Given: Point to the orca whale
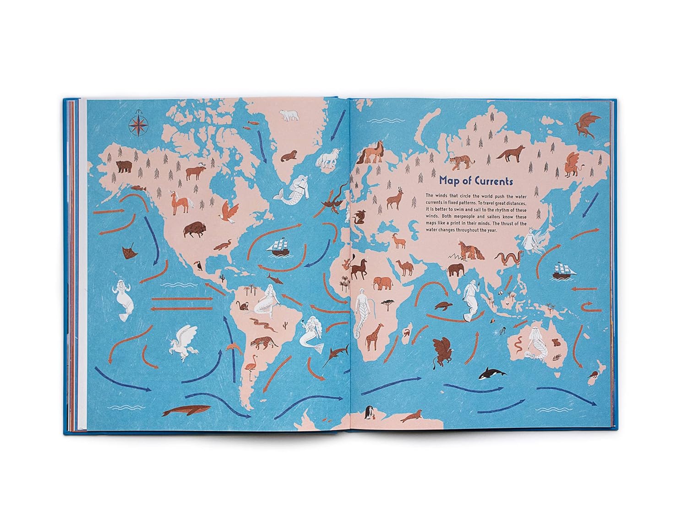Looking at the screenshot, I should click(492, 374).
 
